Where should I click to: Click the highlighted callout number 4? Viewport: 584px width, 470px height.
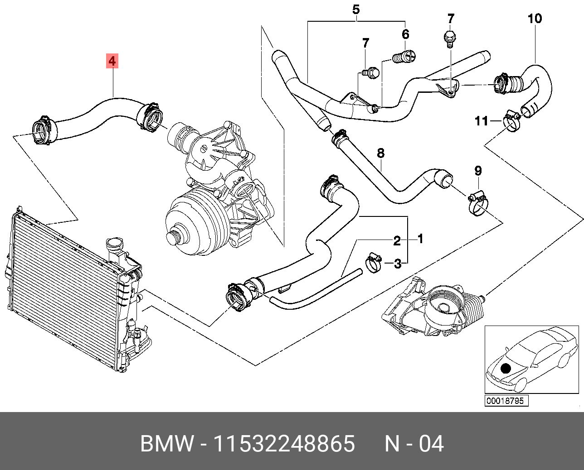click(x=112, y=61)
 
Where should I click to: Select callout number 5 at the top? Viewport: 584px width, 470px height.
click(x=356, y=10)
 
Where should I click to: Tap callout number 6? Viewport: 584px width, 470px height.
click(x=405, y=34)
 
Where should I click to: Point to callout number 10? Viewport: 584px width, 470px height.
click(x=535, y=19)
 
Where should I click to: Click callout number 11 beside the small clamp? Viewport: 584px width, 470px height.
click(x=482, y=121)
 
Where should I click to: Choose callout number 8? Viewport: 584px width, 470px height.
click(x=380, y=153)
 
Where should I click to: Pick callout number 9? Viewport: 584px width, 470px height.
click(x=478, y=171)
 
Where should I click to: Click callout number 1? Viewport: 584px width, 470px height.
click(x=420, y=239)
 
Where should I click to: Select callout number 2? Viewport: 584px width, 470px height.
click(x=397, y=241)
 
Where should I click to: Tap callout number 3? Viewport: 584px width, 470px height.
click(x=398, y=264)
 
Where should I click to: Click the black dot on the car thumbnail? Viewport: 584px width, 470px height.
click(x=506, y=368)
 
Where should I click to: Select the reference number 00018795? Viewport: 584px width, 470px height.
click(x=505, y=401)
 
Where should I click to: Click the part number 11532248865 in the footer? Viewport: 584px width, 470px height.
click(x=284, y=444)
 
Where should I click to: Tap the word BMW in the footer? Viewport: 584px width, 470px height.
click(x=167, y=444)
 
